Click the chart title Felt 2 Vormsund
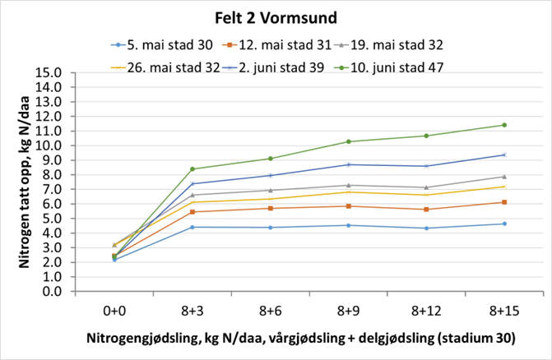pyautogui.click(x=276, y=17)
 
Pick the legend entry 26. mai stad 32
pyautogui.click(x=175, y=67)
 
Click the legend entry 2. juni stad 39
pyautogui.click(x=282, y=67)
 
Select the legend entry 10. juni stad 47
pyautogui.click(x=393, y=67)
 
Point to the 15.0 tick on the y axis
pyautogui.click(x=49, y=73)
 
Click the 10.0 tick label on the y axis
pyautogui.click(x=49, y=146)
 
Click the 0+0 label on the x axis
pyautogui.click(x=114, y=312)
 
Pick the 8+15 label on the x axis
pyautogui.click(x=503, y=312)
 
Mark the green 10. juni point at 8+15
pyautogui.click(x=503, y=125)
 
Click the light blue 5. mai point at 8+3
pyautogui.click(x=193, y=227)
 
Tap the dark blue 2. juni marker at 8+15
pyautogui.click(x=503, y=155)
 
